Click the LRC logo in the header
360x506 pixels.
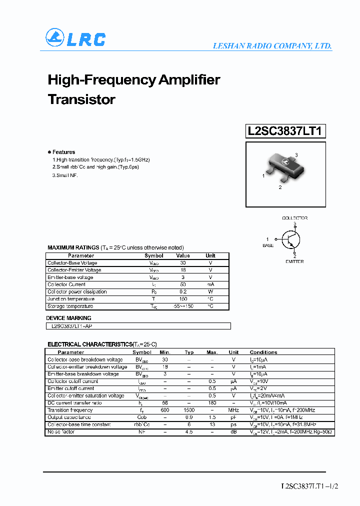click(x=75, y=38)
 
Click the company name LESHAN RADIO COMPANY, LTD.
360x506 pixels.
click(x=272, y=46)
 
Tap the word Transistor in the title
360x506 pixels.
click(x=81, y=99)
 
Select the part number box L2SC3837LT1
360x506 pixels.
click(x=286, y=131)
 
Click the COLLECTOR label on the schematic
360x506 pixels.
click(x=294, y=218)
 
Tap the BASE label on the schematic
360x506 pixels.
click(x=268, y=245)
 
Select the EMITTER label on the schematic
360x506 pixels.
click(x=294, y=261)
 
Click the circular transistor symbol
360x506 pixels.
click(x=290, y=240)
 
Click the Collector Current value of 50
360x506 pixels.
click(x=182, y=284)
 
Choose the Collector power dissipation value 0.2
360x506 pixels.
click(x=182, y=291)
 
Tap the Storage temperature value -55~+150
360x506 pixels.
click(x=182, y=306)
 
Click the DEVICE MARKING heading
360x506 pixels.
click(x=69, y=318)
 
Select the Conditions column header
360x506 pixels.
click(x=263, y=352)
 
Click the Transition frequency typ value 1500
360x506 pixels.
click(x=189, y=410)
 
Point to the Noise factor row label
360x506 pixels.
click(x=61, y=431)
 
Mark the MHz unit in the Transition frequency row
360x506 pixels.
click(x=233, y=410)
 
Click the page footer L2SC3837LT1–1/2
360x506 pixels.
click(x=310, y=486)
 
